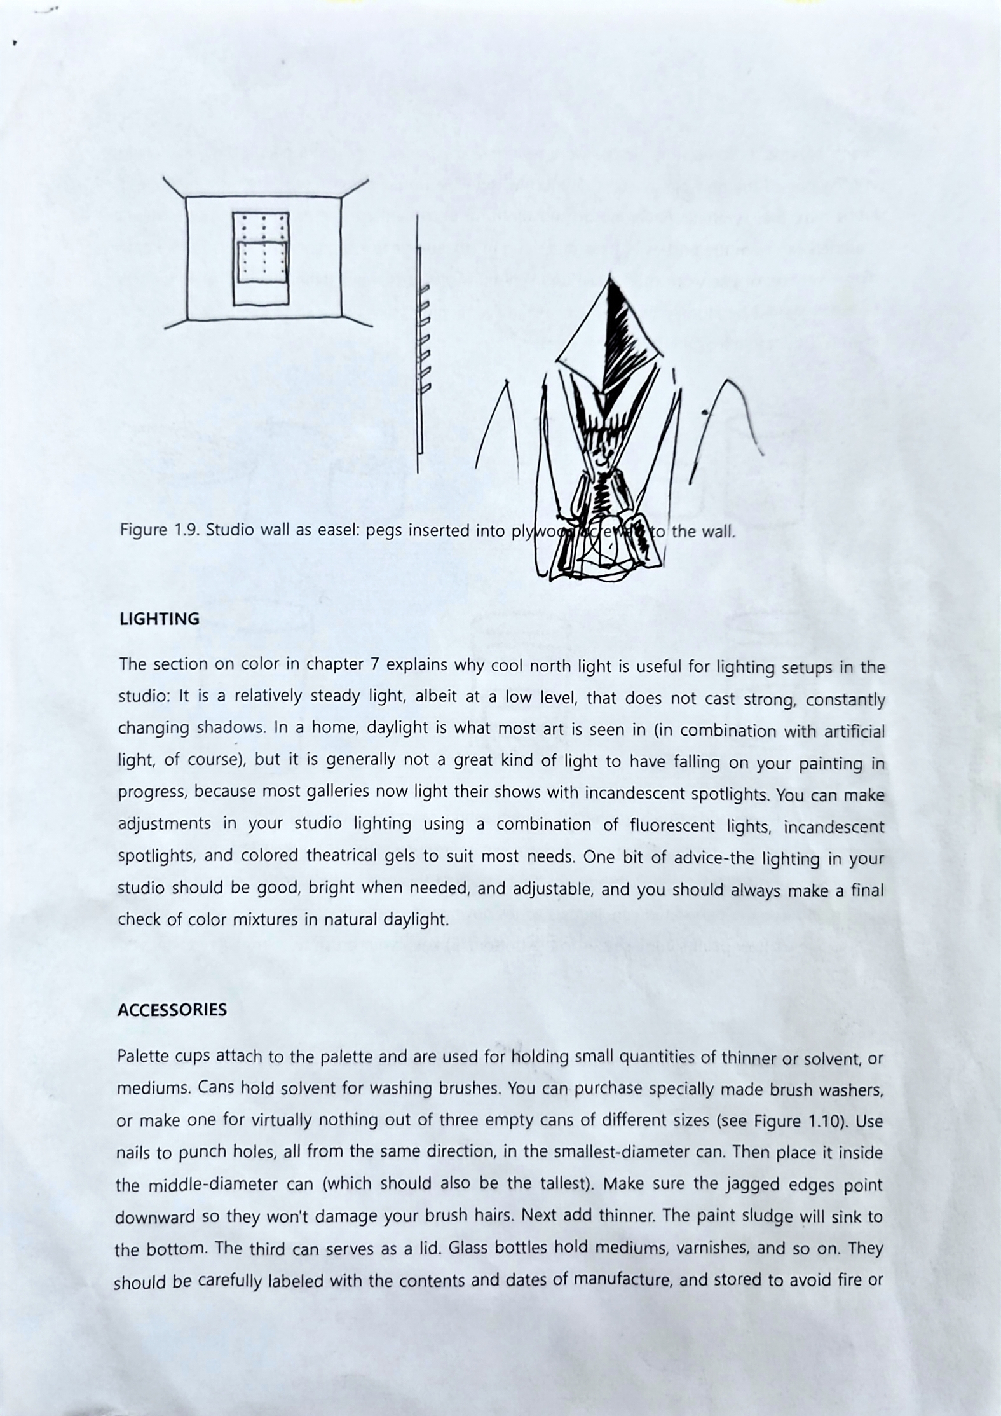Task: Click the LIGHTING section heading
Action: pos(159,619)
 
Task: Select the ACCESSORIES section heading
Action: pos(172,1010)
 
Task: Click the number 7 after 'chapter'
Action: pos(374,664)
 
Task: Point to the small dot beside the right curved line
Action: pos(705,413)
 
